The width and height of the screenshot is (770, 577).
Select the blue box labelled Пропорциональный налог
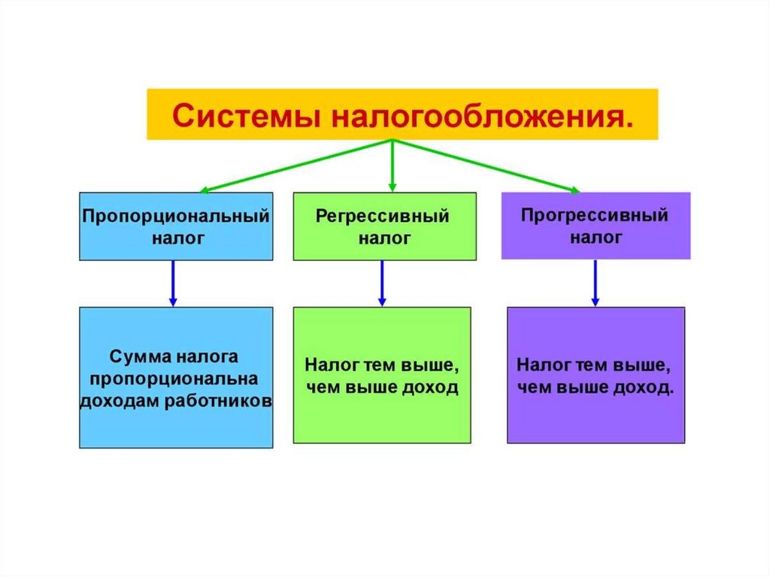pyautogui.click(x=176, y=226)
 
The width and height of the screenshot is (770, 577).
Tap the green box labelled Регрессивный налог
pyautogui.click(x=384, y=226)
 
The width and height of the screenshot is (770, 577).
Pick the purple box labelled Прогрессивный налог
pyautogui.click(x=596, y=226)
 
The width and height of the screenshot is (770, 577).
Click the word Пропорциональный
pyautogui.click(x=176, y=216)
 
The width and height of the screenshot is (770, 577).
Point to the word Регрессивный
pyautogui.click(x=383, y=217)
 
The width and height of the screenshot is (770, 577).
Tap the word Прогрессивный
pyautogui.click(x=595, y=216)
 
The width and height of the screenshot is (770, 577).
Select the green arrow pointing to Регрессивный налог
pyautogui.click(x=392, y=166)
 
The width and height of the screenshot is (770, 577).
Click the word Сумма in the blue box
pyautogui.click(x=138, y=355)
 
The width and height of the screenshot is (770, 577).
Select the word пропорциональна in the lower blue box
pyautogui.click(x=174, y=378)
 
